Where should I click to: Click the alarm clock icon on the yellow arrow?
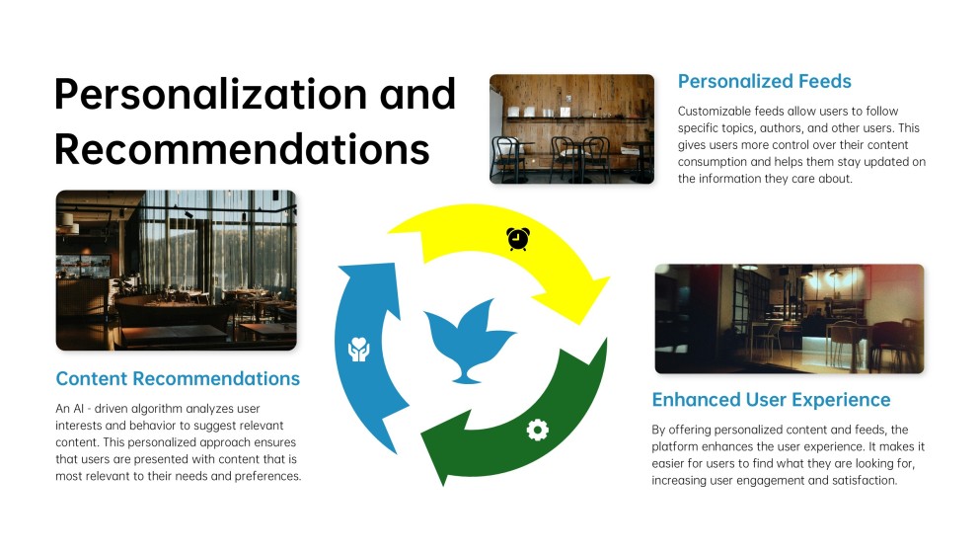pyautogui.click(x=517, y=239)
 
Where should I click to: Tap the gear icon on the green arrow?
pyautogui.click(x=537, y=430)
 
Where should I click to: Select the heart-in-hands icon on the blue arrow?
pyautogui.click(x=358, y=349)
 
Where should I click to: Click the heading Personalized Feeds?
pyautogui.click(x=764, y=81)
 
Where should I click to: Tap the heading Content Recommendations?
pyautogui.click(x=178, y=378)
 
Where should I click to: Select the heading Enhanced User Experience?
pyautogui.click(x=771, y=400)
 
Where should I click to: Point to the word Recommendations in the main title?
pyautogui.click(x=242, y=148)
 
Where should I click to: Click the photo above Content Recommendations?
pyautogui.click(x=176, y=270)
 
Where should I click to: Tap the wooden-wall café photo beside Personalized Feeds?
pyautogui.click(x=571, y=128)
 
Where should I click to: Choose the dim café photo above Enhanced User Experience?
pyautogui.click(x=789, y=318)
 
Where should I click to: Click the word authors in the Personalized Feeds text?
pyautogui.click(x=802, y=127)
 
